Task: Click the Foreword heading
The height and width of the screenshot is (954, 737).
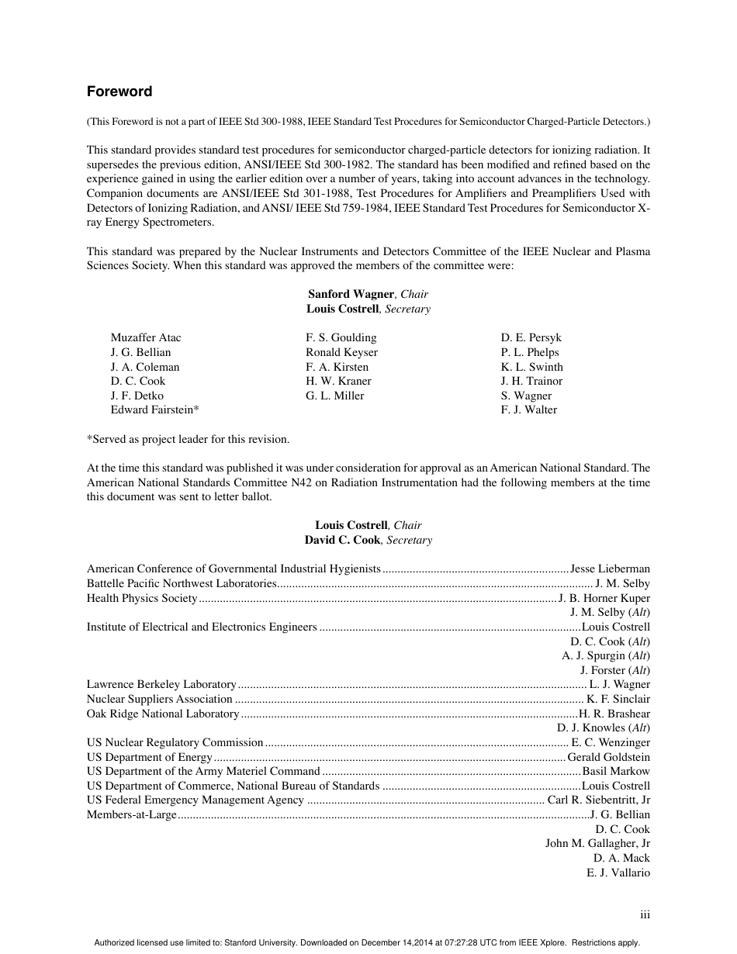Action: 119,92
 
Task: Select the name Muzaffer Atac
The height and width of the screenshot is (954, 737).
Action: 146,337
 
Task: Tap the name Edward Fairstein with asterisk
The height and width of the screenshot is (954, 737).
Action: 155,410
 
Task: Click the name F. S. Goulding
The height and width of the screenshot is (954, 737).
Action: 341,337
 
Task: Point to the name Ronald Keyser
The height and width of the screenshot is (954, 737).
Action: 341,352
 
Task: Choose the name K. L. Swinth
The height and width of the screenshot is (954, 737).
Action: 531,367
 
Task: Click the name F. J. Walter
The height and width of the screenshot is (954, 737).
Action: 528,410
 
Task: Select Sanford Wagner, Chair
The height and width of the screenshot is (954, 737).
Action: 368,294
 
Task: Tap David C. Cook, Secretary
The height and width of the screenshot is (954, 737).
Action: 368,540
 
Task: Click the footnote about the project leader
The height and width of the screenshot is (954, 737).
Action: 188,439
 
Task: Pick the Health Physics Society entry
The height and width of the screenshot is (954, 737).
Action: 142,598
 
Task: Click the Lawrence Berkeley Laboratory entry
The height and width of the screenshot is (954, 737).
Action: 161,684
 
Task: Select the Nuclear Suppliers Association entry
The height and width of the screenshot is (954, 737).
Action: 159,699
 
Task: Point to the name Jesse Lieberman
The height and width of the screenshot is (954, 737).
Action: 610,569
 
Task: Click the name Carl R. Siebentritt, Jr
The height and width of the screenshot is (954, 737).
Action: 598,800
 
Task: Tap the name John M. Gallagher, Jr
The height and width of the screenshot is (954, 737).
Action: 597,843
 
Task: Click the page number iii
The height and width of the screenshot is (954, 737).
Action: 645,915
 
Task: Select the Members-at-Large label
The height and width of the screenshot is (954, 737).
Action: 132,814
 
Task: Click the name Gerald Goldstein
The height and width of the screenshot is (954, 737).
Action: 609,757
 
